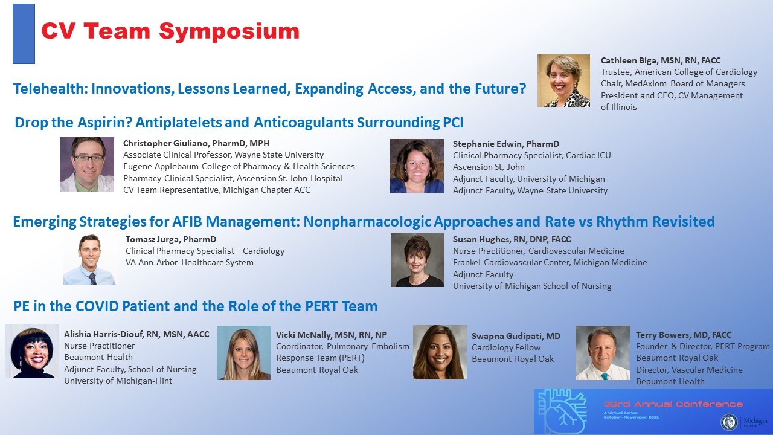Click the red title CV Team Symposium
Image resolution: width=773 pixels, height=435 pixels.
click(170, 31)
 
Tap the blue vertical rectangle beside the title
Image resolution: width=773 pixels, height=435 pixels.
click(24, 34)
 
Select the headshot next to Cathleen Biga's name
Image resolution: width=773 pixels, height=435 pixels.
click(563, 81)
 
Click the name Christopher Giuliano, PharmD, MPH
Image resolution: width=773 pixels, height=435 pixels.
click(196, 143)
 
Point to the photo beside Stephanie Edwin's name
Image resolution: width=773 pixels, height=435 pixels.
click(417, 166)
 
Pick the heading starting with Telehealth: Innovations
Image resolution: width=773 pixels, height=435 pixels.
click(269, 89)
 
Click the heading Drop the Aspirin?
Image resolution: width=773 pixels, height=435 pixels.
click(239, 123)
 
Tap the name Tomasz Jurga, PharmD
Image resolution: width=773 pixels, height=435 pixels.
click(171, 239)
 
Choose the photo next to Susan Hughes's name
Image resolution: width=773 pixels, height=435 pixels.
click(417, 260)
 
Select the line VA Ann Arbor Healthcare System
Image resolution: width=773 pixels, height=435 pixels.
click(190, 262)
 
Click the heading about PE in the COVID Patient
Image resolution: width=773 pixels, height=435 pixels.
click(195, 306)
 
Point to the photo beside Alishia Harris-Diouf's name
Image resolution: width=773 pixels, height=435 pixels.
click(32, 351)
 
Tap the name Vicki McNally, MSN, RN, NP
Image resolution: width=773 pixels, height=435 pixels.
click(332, 335)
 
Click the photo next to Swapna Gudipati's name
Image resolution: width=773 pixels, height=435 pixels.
click(440, 352)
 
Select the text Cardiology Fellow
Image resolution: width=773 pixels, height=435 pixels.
click(506, 347)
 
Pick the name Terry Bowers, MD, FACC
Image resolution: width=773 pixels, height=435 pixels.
click(684, 335)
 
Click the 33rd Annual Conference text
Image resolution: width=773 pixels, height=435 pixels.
click(673, 404)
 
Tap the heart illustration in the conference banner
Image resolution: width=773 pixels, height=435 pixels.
click(562, 411)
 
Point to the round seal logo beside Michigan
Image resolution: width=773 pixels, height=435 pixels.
click(729, 422)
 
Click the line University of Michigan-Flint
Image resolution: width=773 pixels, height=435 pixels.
click(118, 381)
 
